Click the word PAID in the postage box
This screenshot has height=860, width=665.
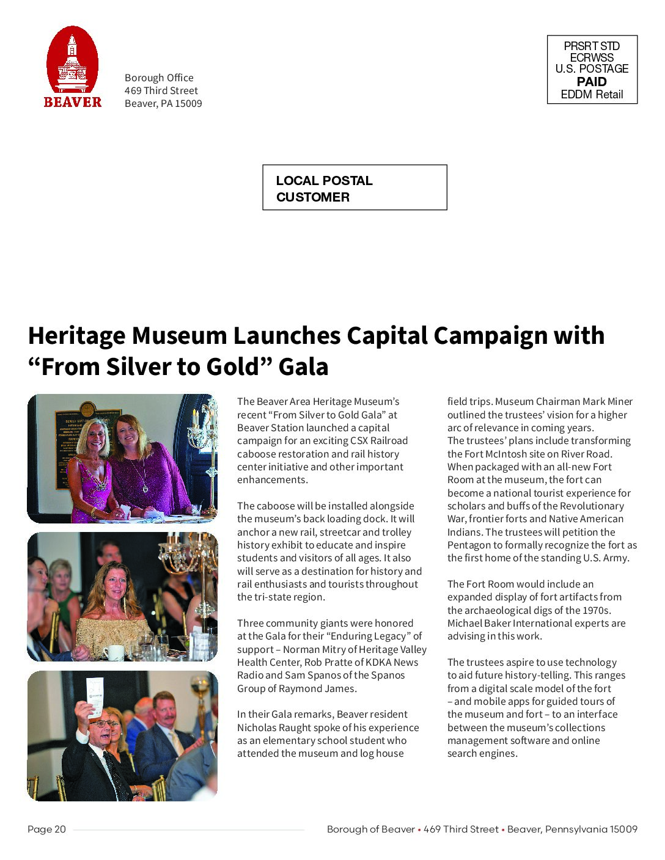coord(592,82)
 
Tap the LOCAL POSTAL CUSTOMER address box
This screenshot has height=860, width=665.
coord(355,188)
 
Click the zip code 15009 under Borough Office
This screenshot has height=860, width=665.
coord(188,104)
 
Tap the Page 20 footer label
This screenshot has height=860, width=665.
coord(46,829)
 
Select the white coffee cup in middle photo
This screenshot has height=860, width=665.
coord(113,652)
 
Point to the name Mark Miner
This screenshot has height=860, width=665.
coord(608,402)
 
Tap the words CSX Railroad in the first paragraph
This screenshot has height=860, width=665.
coord(379,441)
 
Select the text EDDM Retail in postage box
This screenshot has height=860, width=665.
coord(592,95)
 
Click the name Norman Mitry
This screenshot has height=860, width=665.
coord(311,650)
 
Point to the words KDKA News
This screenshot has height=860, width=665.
coord(394,663)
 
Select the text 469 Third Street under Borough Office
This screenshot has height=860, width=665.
coord(161,91)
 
